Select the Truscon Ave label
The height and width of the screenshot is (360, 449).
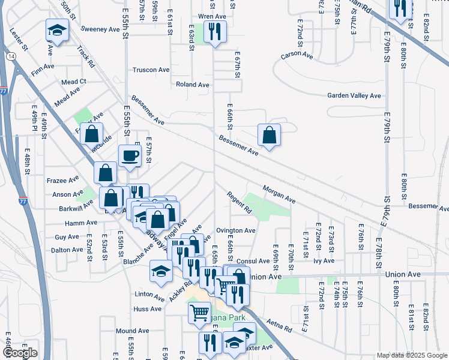coord(151,70)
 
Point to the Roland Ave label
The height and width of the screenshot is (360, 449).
coord(192,85)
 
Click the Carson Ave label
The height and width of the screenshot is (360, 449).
coord(297,56)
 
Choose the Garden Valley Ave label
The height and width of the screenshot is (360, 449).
coord(354,95)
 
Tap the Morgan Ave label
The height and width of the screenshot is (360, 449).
coord(279,193)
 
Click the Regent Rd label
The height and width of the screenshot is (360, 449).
coord(239,202)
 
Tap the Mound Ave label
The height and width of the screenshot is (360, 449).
coord(128,331)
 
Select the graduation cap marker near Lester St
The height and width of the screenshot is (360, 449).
coord(57,31)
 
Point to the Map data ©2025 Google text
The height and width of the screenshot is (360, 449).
coord(412,355)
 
